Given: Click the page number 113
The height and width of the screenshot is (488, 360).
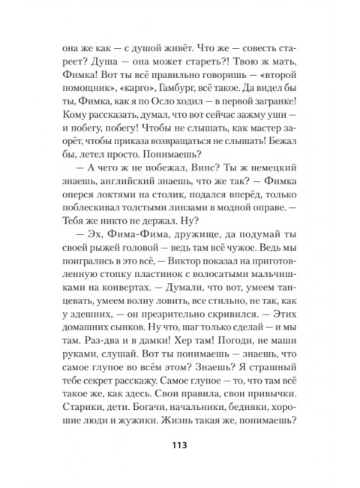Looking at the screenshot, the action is [x=179, y=446].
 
